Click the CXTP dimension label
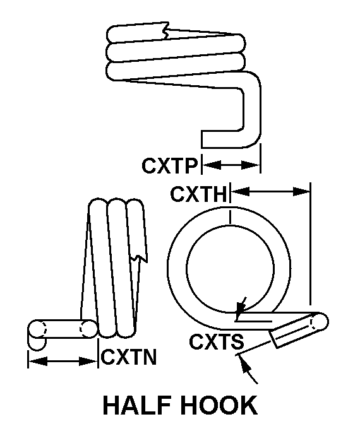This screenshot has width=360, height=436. click(x=169, y=166)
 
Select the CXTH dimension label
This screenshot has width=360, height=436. click(x=199, y=194)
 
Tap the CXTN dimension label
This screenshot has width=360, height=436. click(x=129, y=357)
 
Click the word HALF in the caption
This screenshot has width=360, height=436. click(x=137, y=405)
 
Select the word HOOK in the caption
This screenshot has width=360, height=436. click(x=219, y=405)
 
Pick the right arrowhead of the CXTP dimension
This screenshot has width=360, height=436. click(x=251, y=165)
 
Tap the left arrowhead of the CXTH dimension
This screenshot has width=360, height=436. click(x=241, y=191)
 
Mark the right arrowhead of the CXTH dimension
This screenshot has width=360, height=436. click(x=301, y=191)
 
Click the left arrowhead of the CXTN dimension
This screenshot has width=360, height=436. click(x=38, y=362)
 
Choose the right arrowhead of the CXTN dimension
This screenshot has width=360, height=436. click(x=88, y=362)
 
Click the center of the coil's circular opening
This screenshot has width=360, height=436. click(x=230, y=268)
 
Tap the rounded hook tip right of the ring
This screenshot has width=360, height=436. click(x=321, y=321)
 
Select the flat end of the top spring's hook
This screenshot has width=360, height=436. click(x=202, y=139)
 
